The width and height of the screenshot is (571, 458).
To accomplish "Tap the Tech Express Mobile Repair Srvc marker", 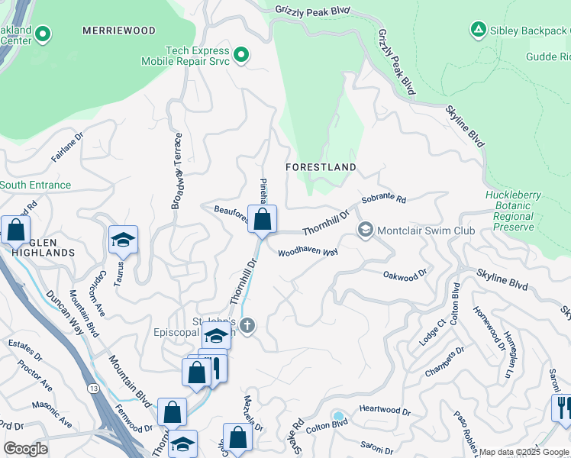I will pos(241,53).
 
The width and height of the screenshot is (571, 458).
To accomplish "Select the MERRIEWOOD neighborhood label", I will pos(119,31).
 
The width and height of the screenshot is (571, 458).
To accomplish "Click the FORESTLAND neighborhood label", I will pos(321,166).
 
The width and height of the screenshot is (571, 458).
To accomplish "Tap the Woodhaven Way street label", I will pos(308,252).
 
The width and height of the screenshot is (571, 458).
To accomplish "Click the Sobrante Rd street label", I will pos(384,200).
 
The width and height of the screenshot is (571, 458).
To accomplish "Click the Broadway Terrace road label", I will pos(178,172).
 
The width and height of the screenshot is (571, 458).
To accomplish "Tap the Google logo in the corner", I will pos(25,449).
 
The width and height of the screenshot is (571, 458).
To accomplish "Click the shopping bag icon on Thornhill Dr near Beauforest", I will pos(262,220).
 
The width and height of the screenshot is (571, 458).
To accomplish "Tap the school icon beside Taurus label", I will pos(122,240).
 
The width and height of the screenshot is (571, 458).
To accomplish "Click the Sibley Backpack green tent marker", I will pos(478,30).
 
